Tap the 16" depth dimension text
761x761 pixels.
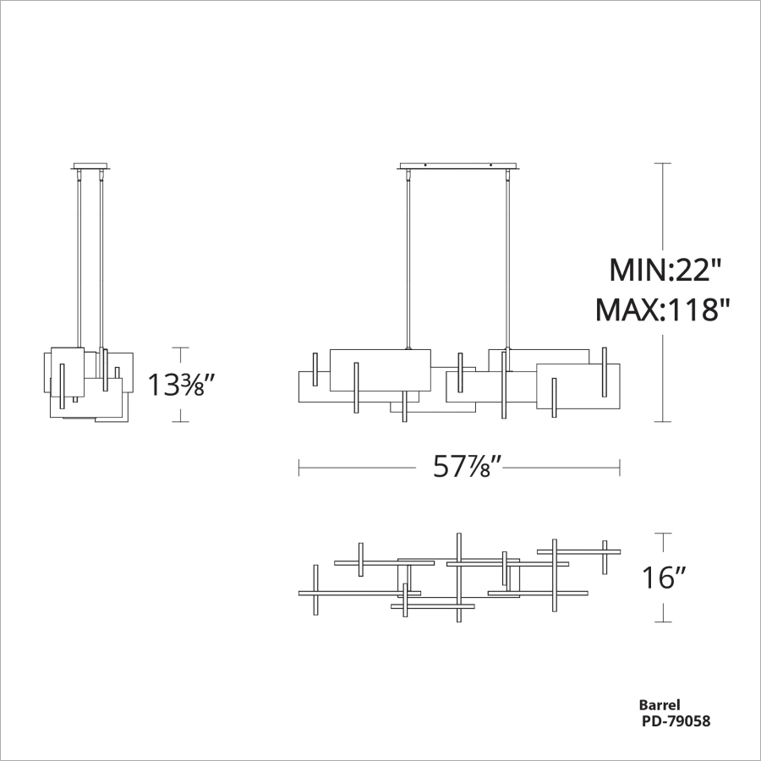point(663,578)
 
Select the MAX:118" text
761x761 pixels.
point(662,310)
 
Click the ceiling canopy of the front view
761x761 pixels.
point(457,166)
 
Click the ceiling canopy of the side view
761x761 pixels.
point(90,166)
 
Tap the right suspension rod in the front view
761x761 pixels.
point(508,254)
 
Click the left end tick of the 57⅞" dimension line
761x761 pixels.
point(299,467)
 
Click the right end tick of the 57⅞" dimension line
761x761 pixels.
point(621,467)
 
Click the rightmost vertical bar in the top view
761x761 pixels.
point(605,556)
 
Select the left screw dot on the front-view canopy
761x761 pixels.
point(426,164)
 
